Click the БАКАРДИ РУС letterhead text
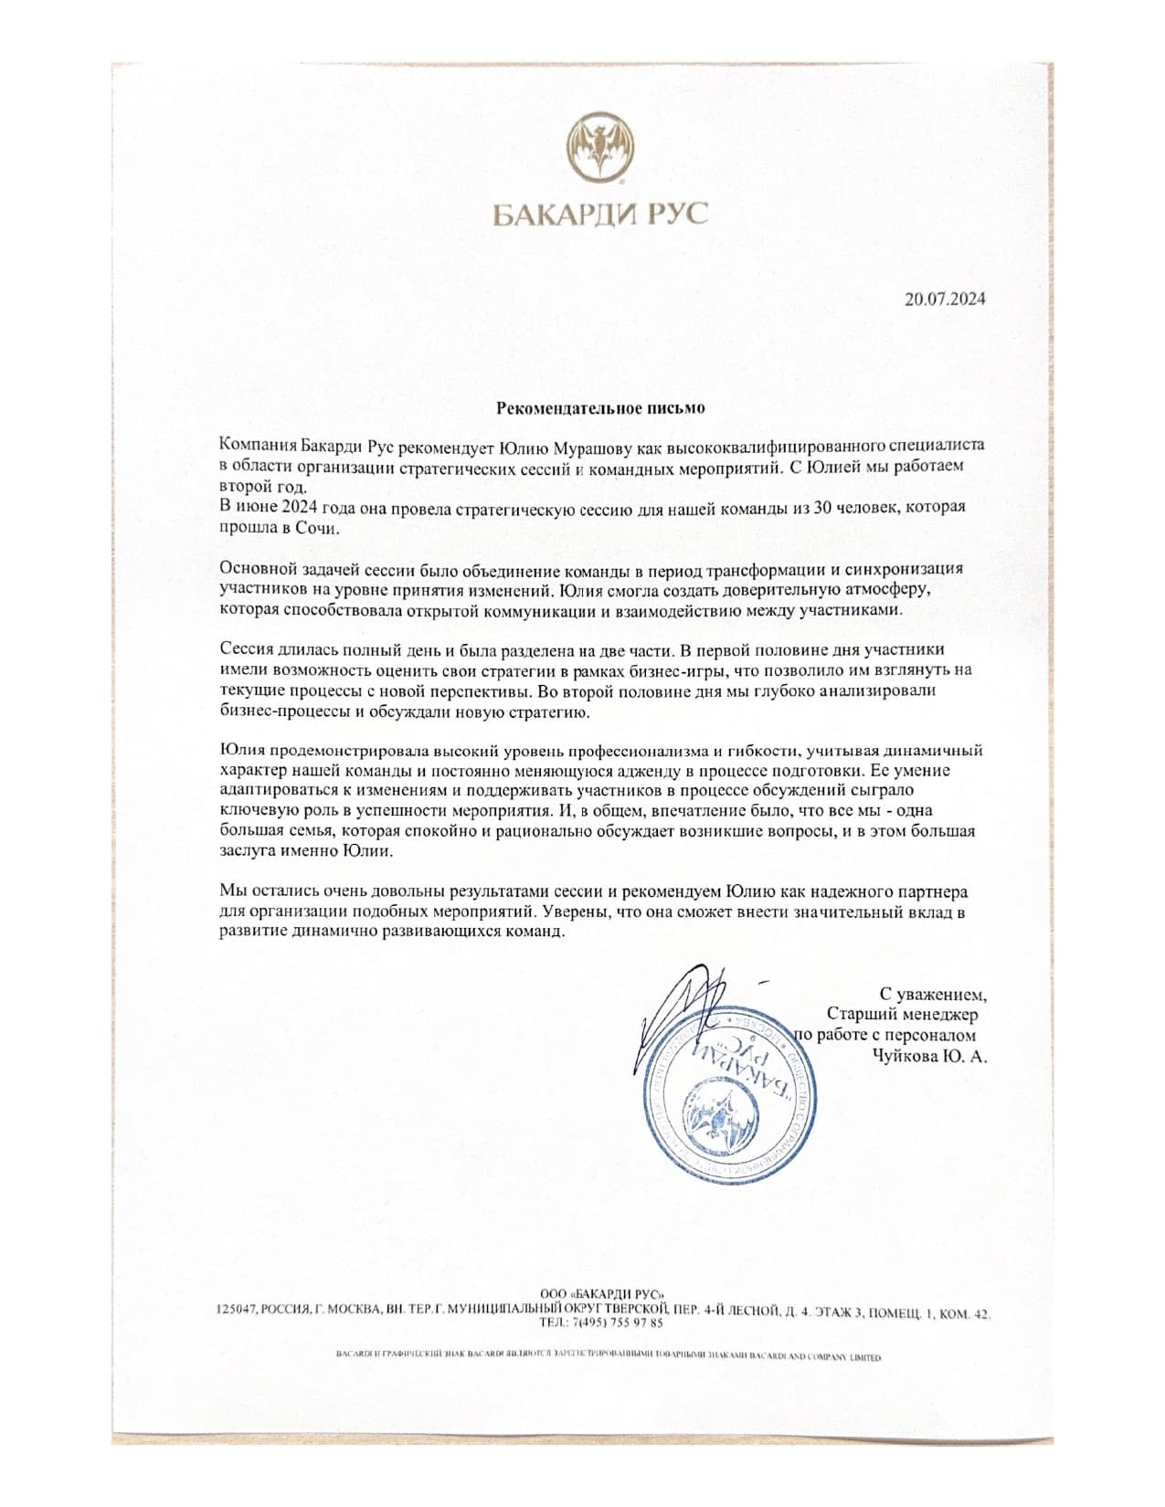click(600, 215)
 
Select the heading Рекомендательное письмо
click(600, 407)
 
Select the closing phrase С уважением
click(932, 993)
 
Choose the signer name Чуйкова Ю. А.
click(931, 1056)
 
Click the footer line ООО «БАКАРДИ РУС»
click(602, 1293)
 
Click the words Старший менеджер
click(902, 1014)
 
